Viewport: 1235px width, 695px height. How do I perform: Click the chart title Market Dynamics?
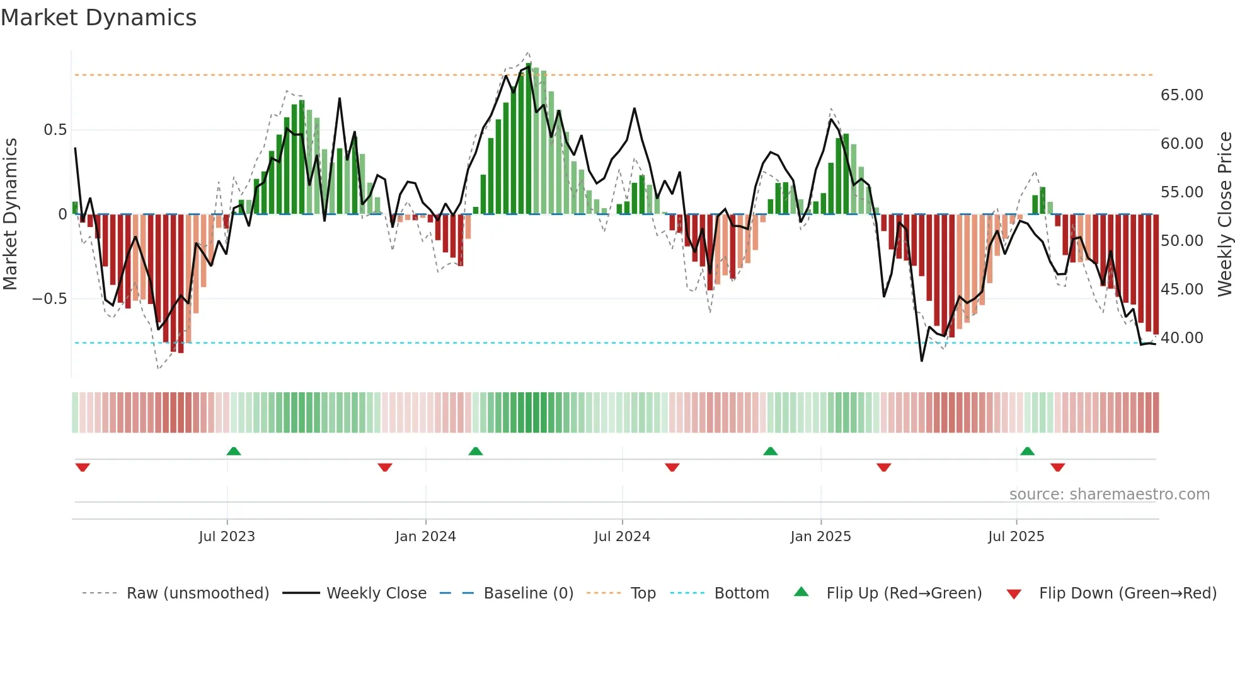point(99,18)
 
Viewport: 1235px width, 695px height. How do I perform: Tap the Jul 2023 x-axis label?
point(227,536)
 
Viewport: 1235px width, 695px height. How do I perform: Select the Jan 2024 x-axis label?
point(425,536)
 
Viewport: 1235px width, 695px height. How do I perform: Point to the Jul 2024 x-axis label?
point(622,536)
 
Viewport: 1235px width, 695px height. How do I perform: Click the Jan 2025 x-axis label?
point(820,536)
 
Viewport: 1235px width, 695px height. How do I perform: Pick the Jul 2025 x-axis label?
point(1016,536)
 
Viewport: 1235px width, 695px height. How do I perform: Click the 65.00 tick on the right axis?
point(1181,95)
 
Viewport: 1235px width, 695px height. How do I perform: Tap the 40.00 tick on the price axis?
point(1181,338)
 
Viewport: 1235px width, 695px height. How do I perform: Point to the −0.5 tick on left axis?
point(49,298)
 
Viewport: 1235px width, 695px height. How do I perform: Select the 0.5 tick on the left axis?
point(55,130)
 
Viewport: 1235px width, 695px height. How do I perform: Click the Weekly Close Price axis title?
point(1224,214)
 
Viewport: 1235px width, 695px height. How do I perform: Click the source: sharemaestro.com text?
point(1109,494)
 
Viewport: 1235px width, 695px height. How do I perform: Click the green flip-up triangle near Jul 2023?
point(234,451)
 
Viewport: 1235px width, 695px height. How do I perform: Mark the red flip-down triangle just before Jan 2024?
point(385,467)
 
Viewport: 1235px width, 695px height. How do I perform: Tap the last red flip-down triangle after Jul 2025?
point(1057,467)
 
